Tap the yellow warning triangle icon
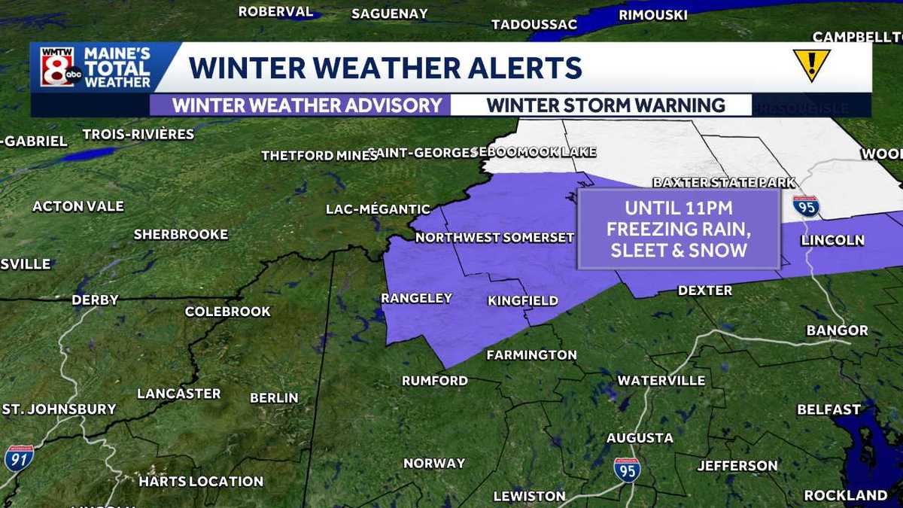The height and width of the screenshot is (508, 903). click(x=811, y=65)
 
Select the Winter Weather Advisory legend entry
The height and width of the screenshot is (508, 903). click(x=307, y=105)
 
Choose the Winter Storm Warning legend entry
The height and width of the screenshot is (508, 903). click(x=606, y=105)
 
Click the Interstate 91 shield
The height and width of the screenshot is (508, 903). click(x=18, y=458)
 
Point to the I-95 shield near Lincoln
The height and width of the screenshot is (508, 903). click(x=805, y=206)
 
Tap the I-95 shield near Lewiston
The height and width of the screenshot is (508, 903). click(x=627, y=470)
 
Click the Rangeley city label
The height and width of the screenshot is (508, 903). click(x=416, y=298)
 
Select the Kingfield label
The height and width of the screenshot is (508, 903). click(x=523, y=301)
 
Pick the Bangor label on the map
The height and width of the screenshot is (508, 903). click(x=837, y=330)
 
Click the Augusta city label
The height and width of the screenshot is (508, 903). click(x=640, y=437)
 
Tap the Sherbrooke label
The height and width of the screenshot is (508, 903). click(x=181, y=235)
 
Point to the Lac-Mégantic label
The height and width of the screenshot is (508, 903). click(x=378, y=209)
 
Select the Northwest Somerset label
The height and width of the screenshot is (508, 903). click(x=494, y=238)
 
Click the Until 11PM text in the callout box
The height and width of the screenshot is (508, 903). click(x=678, y=207)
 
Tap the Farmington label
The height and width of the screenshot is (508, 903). click(x=531, y=354)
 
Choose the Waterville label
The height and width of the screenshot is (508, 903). click(x=661, y=380)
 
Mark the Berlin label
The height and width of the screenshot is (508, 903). click(x=274, y=397)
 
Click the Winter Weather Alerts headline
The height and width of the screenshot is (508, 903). click(x=385, y=67)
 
